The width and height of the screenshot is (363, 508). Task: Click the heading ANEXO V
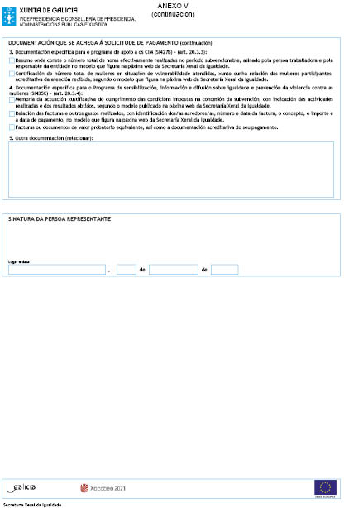[173, 6]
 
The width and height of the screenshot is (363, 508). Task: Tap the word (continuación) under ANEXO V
[173, 13]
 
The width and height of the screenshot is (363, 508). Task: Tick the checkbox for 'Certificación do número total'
[11, 74]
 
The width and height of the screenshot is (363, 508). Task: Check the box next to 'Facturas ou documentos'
[11, 127]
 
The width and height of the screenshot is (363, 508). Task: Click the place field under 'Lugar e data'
[57, 270]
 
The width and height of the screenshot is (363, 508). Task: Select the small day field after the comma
[127, 270]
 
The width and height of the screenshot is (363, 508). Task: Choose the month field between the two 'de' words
[173, 270]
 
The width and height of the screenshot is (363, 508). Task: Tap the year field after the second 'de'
[224, 270]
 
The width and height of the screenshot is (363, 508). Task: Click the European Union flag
[326, 488]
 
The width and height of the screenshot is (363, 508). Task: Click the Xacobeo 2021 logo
[103, 489]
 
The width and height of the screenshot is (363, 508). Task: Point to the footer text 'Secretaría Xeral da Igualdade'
[34, 503]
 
